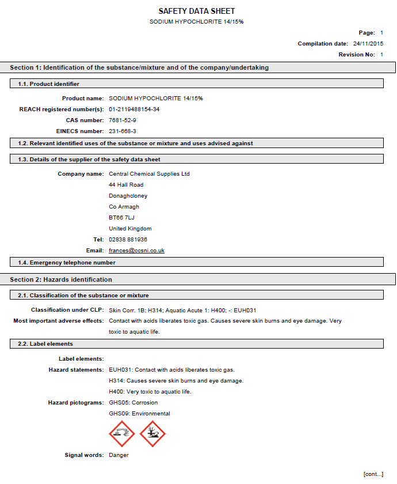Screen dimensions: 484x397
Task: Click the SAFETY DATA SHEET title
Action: coord(197,11)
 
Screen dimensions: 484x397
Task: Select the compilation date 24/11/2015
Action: coord(368,44)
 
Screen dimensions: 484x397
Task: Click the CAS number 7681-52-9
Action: coord(123,120)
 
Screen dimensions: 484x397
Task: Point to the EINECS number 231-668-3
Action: coord(123,131)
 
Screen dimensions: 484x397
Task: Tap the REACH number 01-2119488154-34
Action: coord(134,109)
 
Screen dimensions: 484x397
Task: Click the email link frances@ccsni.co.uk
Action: coord(136,251)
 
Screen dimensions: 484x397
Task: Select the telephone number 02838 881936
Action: coord(128,240)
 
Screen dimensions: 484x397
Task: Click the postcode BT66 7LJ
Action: coord(121,218)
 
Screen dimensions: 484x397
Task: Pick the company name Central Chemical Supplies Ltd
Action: coord(149,174)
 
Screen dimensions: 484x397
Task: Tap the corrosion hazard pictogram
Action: coord(121,433)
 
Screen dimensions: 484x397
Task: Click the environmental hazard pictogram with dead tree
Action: coord(152,433)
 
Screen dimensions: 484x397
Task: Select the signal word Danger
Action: coord(119,455)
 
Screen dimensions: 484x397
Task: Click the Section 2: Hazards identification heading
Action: coord(61,279)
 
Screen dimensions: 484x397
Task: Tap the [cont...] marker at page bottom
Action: coord(373,474)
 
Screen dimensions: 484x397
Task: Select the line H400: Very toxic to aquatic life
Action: coord(150,392)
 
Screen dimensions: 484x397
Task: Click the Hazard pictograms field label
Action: coord(75,403)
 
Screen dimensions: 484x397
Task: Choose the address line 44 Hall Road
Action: coord(126,185)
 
